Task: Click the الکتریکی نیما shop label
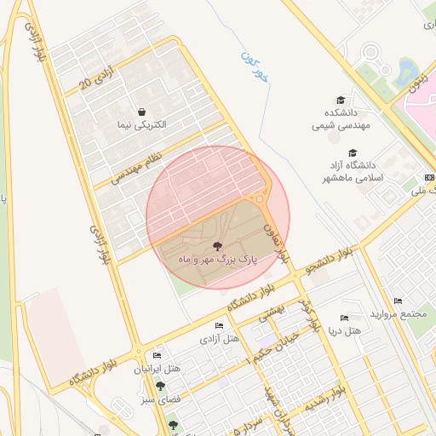click(x=142, y=124)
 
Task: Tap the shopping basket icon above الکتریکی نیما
click(x=141, y=112)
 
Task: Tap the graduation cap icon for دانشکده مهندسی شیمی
click(x=341, y=100)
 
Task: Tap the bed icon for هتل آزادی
click(x=220, y=326)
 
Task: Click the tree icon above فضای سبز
click(x=159, y=386)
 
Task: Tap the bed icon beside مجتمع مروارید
click(x=399, y=301)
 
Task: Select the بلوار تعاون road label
click(x=279, y=242)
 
